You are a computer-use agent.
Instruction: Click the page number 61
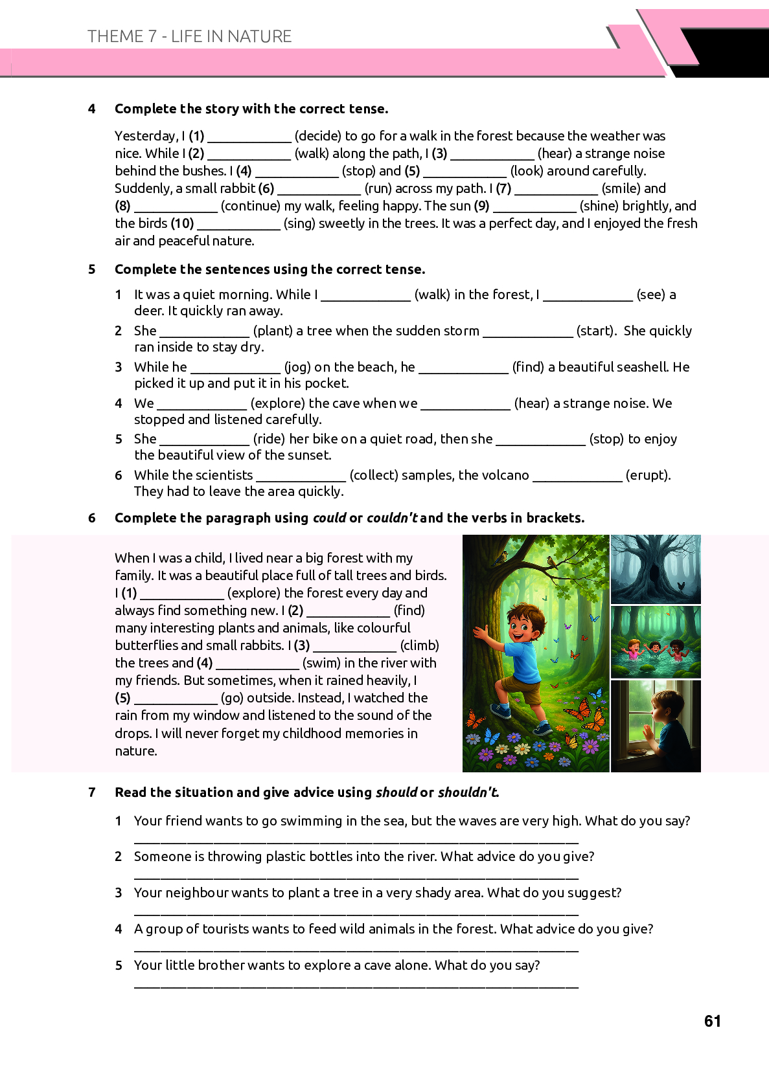712,1021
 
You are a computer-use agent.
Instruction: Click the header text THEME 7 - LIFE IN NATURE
189,36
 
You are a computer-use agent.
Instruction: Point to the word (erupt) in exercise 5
647,475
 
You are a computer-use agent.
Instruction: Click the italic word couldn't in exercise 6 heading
392,518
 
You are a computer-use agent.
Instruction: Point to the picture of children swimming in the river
656,642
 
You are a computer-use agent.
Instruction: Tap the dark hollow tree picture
656,570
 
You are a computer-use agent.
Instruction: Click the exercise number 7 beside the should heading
92,792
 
